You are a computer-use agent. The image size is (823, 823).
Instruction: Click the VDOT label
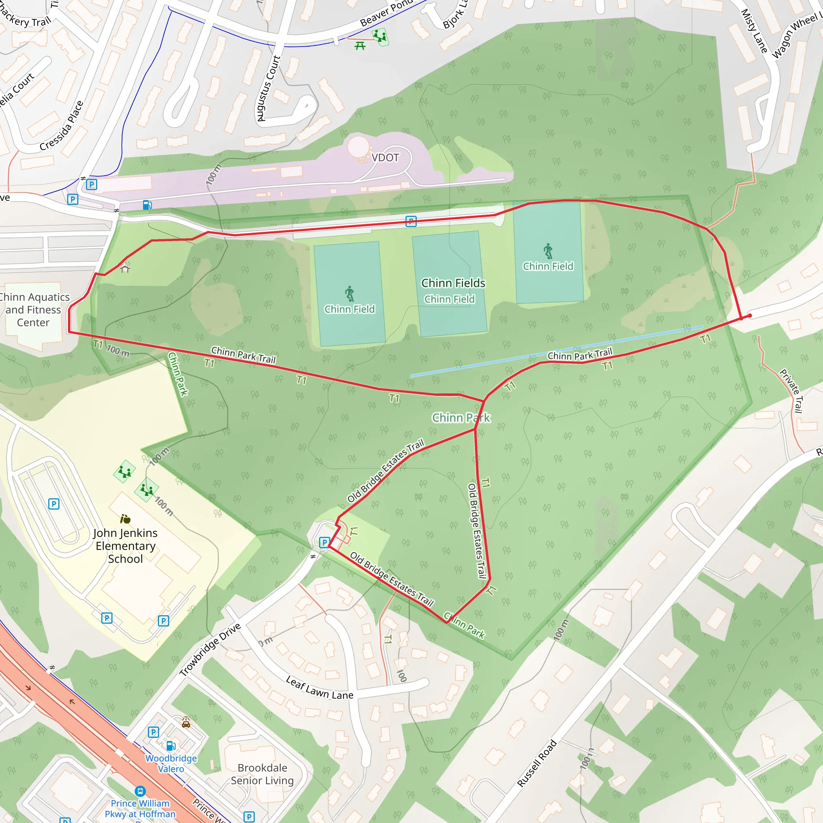(385, 158)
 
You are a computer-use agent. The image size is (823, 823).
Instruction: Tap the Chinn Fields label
(453, 283)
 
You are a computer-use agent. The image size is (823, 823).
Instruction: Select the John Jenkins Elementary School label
(125, 546)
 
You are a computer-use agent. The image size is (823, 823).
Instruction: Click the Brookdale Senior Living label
(262, 774)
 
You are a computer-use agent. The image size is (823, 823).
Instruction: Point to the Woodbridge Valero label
(171, 764)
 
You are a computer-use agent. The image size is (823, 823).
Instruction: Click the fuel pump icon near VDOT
(147, 205)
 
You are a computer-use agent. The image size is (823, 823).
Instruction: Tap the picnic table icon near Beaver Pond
(360, 45)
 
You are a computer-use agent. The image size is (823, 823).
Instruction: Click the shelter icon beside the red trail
(125, 268)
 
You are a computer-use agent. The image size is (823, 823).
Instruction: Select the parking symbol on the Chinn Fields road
(411, 221)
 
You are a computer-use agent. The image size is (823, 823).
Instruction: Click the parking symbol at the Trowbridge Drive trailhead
(324, 542)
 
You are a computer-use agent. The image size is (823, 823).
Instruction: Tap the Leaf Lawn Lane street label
(319, 688)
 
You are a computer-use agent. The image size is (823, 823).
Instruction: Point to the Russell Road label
(537, 764)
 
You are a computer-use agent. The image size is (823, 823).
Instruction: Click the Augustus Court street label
(269, 88)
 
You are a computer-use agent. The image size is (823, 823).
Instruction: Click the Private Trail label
(792, 391)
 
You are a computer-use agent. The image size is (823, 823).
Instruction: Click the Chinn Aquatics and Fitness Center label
(34, 310)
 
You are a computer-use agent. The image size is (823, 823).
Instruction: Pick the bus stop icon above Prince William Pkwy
(140, 791)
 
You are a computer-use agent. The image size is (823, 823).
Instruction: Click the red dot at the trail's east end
(750, 315)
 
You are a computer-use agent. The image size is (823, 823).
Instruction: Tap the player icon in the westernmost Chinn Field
(349, 293)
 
